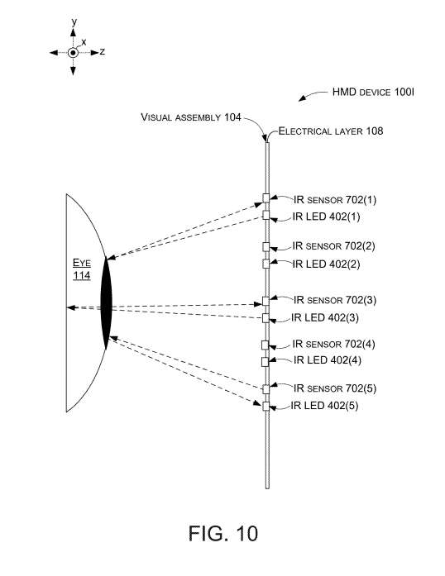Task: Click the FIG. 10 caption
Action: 223,533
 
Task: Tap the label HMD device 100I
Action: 373,92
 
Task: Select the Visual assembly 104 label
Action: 191,117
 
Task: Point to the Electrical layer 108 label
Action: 331,131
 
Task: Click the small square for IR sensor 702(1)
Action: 266,198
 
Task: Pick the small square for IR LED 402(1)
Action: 266,215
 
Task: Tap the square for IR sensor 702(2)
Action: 266,247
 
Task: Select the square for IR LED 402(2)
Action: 266,264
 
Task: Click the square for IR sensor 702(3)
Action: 266,302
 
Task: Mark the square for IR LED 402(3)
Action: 266,318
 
